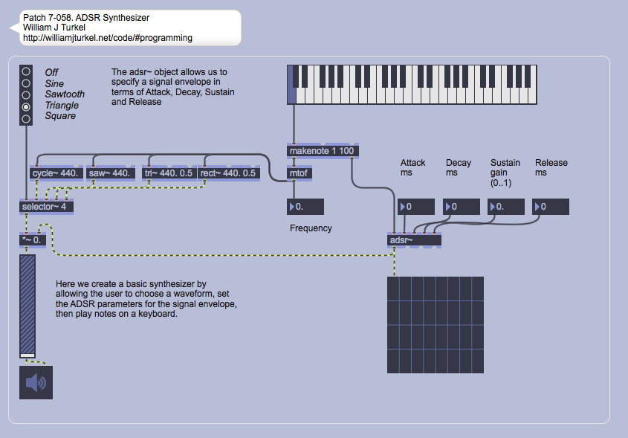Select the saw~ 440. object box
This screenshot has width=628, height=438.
[x=110, y=173]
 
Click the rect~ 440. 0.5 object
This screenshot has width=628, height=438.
[x=227, y=173]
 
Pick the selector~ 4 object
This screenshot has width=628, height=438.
[x=47, y=206]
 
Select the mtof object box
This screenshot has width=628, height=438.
[x=300, y=173]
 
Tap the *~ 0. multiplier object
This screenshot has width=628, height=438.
[x=34, y=239]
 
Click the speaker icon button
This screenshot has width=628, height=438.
[x=36, y=383]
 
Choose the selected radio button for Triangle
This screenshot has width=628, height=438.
[x=27, y=107]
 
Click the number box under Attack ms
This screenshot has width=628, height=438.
[x=417, y=207]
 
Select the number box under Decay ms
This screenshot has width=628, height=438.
[x=462, y=207]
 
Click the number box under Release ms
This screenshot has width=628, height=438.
[x=551, y=207]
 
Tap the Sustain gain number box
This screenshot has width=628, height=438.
[x=506, y=207]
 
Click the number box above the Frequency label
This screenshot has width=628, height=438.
[x=305, y=207]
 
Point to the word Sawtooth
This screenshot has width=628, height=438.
[x=65, y=94]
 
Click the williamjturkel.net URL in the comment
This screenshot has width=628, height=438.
[x=108, y=37]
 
